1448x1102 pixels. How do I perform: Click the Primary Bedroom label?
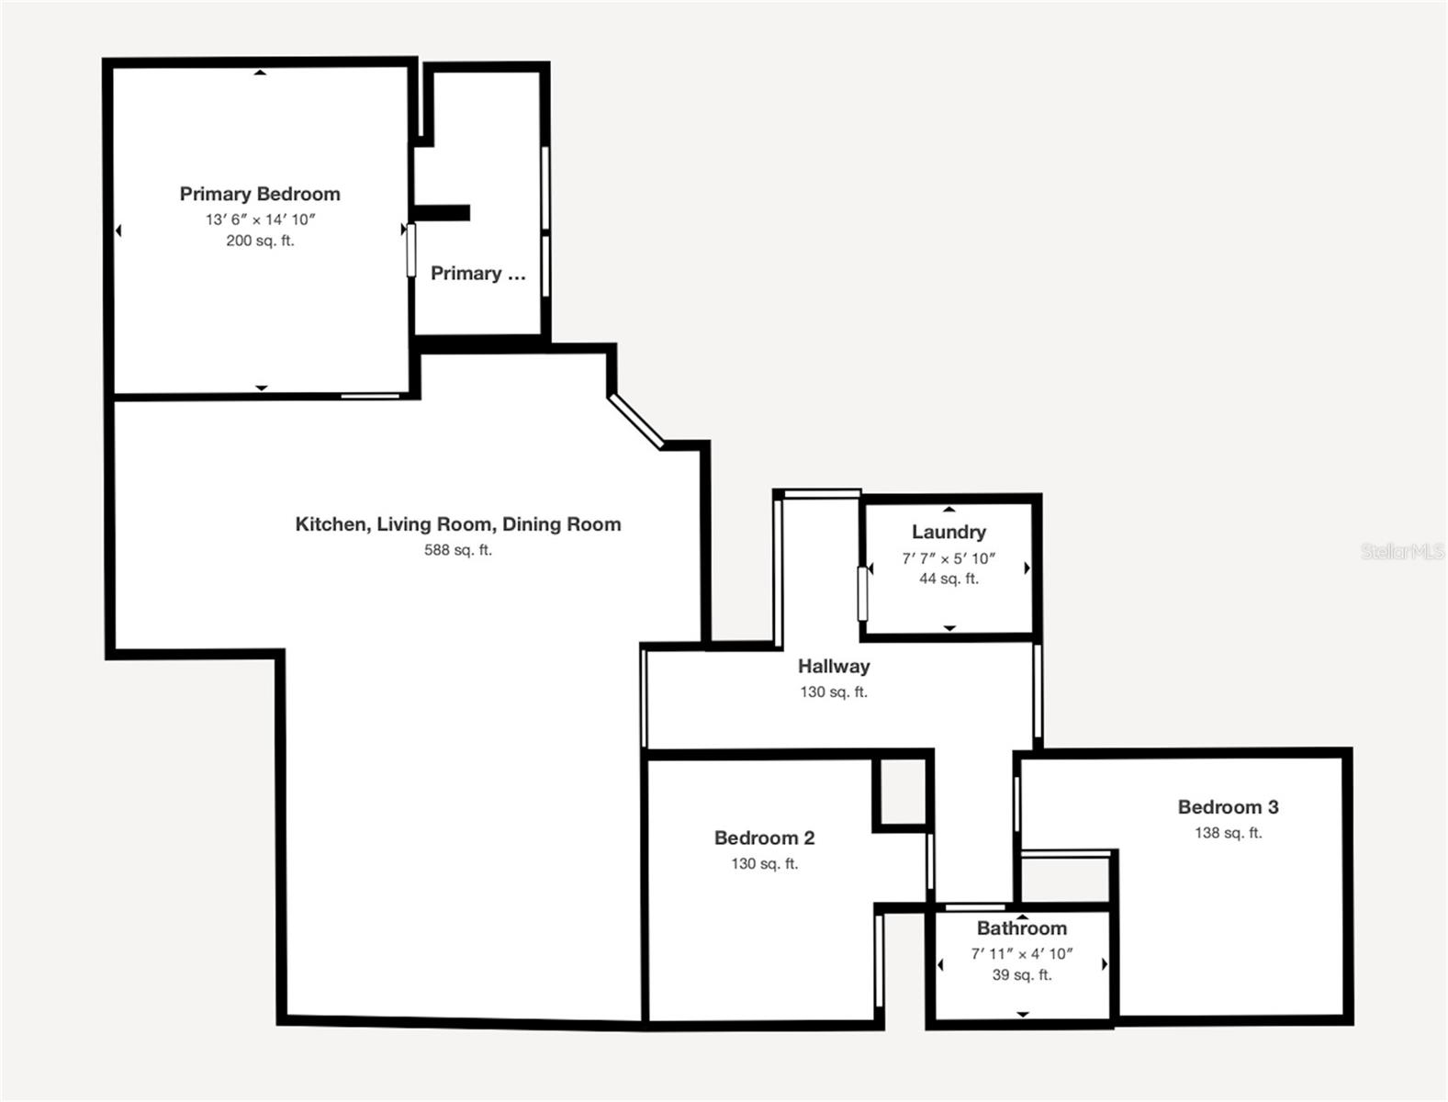pyautogui.click(x=260, y=194)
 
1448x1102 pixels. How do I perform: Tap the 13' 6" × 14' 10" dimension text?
pyautogui.click(x=261, y=219)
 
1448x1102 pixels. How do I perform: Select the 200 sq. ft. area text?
pyautogui.click(x=260, y=241)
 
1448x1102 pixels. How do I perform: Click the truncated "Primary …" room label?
pyautogui.click(x=478, y=273)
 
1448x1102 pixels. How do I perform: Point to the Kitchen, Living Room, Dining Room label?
pyautogui.click(x=458, y=524)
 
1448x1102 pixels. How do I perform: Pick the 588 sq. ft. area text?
pyautogui.click(x=458, y=550)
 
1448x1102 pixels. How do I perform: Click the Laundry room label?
pyautogui.click(x=948, y=532)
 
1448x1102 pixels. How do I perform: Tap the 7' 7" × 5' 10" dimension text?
pyautogui.click(x=948, y=558)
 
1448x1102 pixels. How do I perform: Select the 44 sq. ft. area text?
pyautogui.click(x=948, y=579)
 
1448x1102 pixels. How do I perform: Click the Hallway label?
pyautogui.click(x=834, y=666)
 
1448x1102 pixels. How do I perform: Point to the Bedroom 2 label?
pyautogui.click(x=765, y=838)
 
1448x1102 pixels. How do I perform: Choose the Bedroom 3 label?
pyautogui.click(x=1229, y=806)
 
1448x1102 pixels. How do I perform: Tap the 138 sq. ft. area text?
pyautogui.click(x=1229, y=833)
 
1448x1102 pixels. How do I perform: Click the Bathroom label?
pyautogui.click(x=1022, y=928)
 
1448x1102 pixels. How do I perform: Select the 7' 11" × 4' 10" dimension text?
pyautogui.click(x=1022, y=953)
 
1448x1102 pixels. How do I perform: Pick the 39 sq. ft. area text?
pyautogui.click(x=1022, y=974)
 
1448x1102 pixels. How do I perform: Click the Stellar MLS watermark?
pyautogui.click(x=1402, y=551)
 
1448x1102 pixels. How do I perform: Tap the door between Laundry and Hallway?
pyautogui.click(x=862, y=593)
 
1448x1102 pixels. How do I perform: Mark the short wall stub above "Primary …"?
pyautogui.click(x=442, y=213)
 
